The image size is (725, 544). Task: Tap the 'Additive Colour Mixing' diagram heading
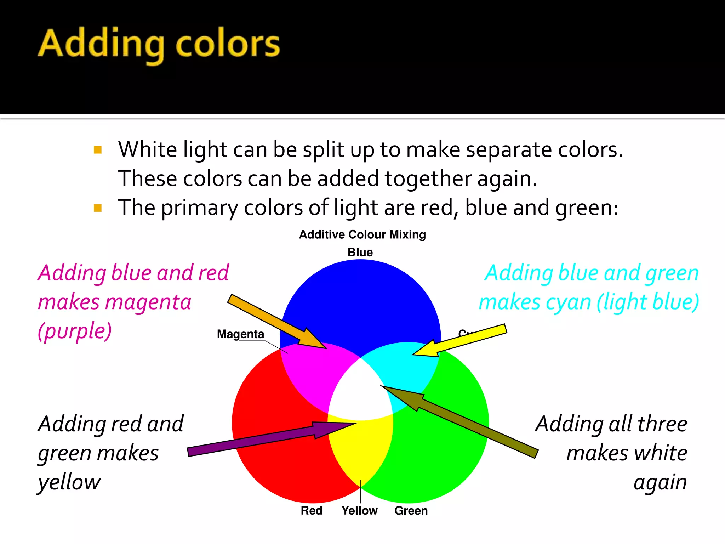point(362,234)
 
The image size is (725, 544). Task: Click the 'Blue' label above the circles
point(360,252)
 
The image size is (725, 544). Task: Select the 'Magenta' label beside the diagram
point(240,334)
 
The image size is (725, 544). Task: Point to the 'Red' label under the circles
point(312,510)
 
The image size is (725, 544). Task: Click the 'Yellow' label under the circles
point(359,510)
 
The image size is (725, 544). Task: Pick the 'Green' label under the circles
point(411,510)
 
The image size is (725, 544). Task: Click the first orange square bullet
point(98,150)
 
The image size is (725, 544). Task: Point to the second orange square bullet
point(98,208)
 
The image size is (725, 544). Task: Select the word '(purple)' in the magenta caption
point(75,331)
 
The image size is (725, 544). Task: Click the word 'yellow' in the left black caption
point(69,482)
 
